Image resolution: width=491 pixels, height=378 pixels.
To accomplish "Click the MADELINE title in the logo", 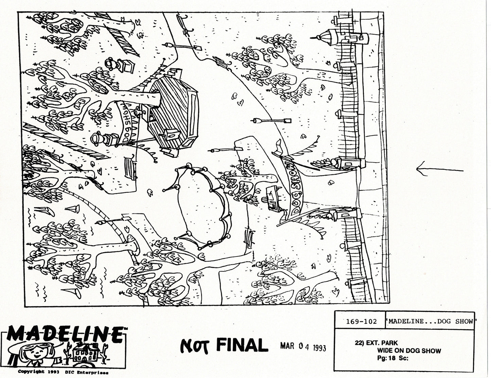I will point(65,335).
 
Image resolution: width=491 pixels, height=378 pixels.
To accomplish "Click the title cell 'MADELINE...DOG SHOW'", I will point(430,322).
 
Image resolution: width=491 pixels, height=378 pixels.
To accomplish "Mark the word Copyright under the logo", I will point(31,372).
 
